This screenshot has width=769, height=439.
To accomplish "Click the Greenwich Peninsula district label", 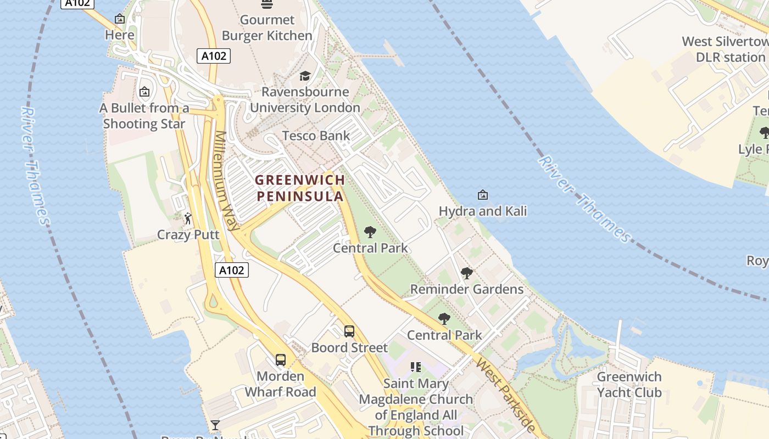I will click(x=300, y=188).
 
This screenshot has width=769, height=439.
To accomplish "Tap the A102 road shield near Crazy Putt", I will click(x=231, y=270).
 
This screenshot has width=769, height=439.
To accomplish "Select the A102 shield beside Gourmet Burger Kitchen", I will click(x=214, y=55).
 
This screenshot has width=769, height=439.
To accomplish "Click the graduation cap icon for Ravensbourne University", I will click(x=305, y=76).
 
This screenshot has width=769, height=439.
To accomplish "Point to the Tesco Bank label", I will click(x=316, y=136).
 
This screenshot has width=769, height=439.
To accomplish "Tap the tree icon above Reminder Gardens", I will click(x=466, y=273).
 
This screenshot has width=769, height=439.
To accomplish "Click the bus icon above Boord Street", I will click(x=349, y=331).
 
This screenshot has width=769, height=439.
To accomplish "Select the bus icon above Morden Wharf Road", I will click(x=281, y=360).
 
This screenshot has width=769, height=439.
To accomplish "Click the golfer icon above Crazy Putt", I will click(x=188, y=218).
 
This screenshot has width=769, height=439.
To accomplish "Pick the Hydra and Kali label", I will click(x=482, y=211).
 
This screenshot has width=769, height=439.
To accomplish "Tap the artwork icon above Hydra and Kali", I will click(x=482, y=194).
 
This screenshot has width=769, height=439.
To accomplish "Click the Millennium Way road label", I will click(x=227, y=181).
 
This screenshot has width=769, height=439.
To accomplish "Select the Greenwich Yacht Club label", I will click(x=629, y=384).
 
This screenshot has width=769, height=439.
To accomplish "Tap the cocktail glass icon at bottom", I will click(x=215, y=425).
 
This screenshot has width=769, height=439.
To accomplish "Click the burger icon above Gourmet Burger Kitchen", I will click(x=267, y=4).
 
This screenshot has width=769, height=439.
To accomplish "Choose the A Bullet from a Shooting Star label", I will click(x=144, y=116).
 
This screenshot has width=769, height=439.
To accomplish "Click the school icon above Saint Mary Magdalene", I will click(x=416, y=367).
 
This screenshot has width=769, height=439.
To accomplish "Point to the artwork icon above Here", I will click(x=120, y=19).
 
